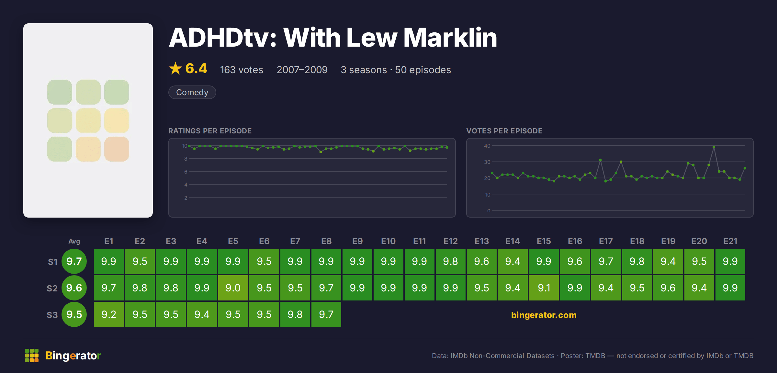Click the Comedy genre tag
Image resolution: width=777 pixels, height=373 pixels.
[x=192, y=92]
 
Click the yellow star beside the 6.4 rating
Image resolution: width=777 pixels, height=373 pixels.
[x=175, y=68]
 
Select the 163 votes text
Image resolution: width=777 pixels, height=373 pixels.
[x=242, y=70]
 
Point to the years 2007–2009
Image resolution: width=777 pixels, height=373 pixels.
[x=302, y=70]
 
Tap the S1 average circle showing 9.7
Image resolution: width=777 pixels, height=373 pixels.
[x=74, y=261]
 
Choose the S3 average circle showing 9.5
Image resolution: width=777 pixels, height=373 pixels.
[x=74, y=314]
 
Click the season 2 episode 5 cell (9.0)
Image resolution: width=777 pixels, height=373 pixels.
[x=233, y=288]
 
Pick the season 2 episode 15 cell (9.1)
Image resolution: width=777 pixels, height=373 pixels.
[x=544, y=288]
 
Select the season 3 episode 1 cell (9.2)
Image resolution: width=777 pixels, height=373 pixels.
[x=109, y=314]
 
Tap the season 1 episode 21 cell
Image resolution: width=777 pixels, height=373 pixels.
[x=730, y=261]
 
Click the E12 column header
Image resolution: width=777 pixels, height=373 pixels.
[x=451, y=241]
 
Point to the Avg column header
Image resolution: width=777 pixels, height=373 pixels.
[x=74, y=241]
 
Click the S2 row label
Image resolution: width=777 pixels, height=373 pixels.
[x=52, y=288]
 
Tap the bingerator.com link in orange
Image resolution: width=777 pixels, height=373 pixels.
[x=544, y=315]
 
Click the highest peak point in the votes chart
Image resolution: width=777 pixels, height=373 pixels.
[x=714, y=147]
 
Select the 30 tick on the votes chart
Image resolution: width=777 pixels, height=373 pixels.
[x=487, y=162]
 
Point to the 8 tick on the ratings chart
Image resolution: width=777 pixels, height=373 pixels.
[x=186, y=159]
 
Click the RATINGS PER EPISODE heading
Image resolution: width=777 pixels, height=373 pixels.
[x=210, y=131]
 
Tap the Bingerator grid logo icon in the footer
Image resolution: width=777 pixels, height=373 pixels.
[x=32, y=356]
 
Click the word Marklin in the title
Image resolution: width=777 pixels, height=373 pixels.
[x=450, y=38]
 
